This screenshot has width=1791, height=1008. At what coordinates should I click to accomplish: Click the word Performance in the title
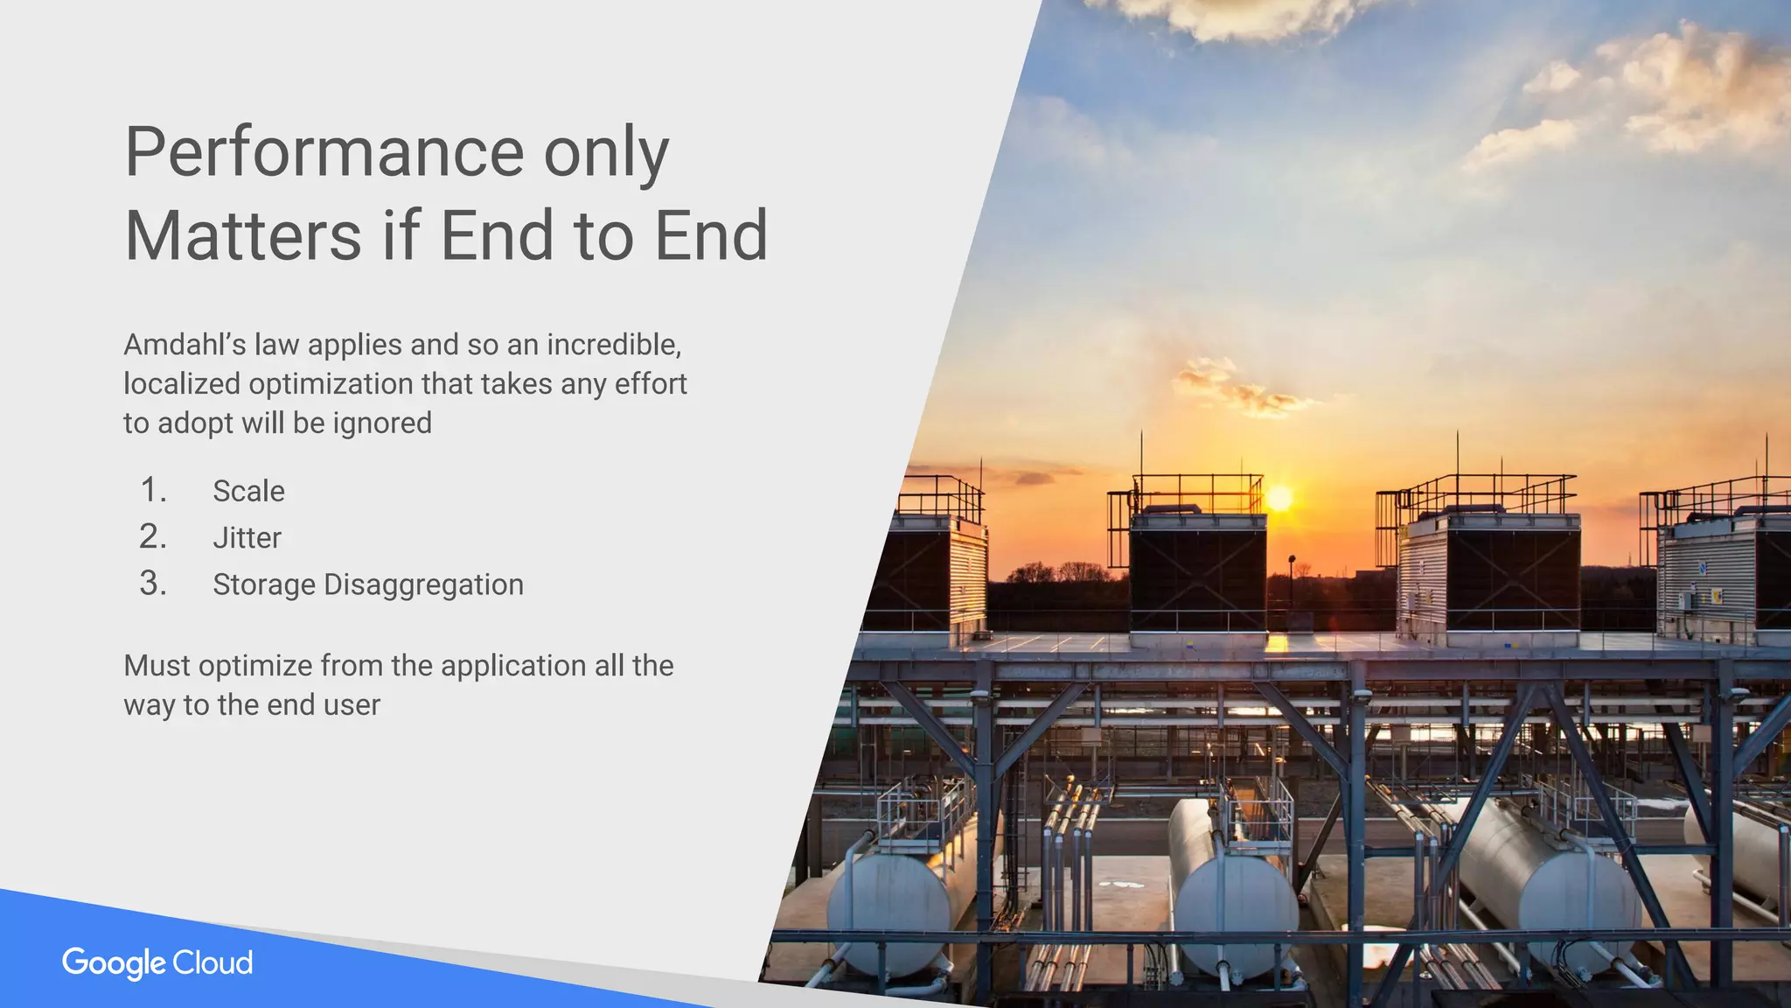click(x=324, y=153)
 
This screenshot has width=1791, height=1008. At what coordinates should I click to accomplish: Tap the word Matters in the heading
click(x=242, y=236)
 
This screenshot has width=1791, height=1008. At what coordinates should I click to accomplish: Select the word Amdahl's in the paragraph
click(x=185, y=345)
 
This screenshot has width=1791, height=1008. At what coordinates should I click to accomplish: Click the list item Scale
click(x=248, y=491)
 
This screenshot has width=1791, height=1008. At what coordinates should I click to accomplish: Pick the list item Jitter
click(x=247, y=537)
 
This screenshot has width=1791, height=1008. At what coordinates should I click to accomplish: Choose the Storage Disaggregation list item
click(x=367, y=584)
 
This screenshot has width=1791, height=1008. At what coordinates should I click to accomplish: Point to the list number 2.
click(x=152, y=536)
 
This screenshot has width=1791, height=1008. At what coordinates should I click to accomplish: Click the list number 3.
click(x=152, y=584)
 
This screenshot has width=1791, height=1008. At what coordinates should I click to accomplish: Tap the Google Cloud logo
click(x=157, y=962)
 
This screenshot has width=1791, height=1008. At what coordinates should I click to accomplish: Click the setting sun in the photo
click(x=1279, y=500)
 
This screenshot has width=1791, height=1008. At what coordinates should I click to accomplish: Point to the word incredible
click(x=613, y=345)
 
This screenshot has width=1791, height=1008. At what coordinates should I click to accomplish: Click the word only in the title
click(x=606, y=153)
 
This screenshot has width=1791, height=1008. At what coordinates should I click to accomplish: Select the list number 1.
click(x=152, y=490)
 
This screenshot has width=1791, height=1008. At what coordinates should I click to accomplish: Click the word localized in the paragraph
click(x=181, y=384)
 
